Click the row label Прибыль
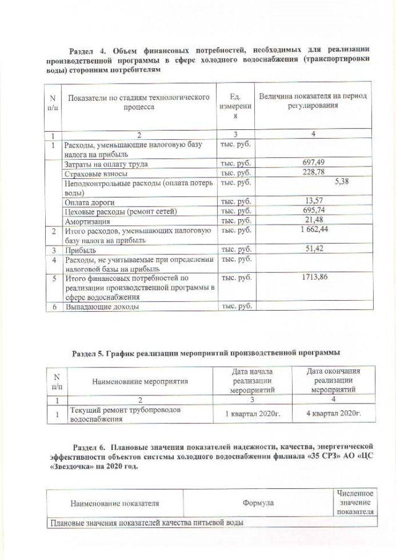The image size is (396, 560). tap(80, 250)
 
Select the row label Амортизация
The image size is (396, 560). tap(88, 221)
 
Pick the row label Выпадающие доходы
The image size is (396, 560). tap(101, 306)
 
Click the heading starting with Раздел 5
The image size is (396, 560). tap(205, 353)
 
